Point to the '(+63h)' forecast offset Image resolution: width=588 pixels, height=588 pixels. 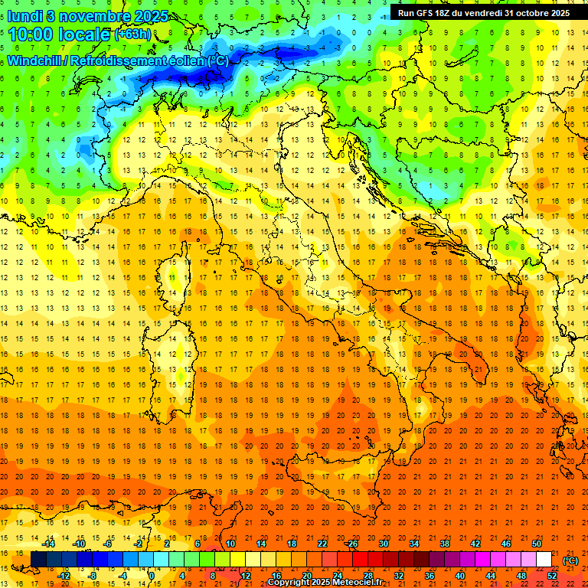132,34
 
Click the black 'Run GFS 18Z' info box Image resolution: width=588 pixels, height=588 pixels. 483,12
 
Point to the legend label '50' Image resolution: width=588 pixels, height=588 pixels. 537,544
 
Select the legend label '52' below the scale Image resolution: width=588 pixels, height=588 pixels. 552,576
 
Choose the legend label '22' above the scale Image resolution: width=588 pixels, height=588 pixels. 322,544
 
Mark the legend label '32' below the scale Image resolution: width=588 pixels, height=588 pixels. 399,576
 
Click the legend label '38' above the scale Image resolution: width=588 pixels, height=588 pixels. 445,544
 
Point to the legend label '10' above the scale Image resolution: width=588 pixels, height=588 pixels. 230,544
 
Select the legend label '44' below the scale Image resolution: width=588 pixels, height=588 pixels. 491,576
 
